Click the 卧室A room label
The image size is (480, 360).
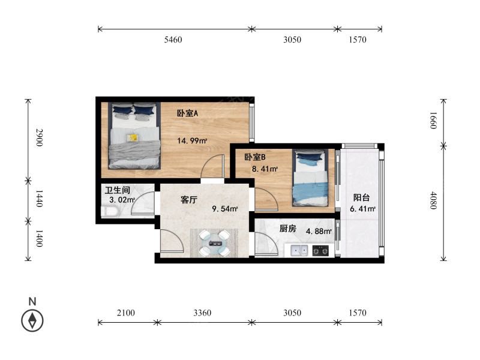click(188, 113)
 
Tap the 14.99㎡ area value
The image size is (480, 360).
click(192, 141)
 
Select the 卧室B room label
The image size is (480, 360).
click(254, 157)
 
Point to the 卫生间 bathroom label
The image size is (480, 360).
click(118, 190)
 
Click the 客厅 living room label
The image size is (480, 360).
click(189, 200)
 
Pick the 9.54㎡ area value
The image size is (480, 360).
click(225, 209)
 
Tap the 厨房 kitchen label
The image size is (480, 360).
click(288, 229)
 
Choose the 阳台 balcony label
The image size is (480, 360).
click(362, 197)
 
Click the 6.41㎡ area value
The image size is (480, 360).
click(363, 209)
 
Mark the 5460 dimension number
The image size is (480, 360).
click(173, 40)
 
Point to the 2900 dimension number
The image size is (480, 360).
click(39, 137)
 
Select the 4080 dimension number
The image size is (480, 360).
click(433, 200)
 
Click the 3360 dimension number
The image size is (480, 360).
click(202, 313)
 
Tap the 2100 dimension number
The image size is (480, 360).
click(126, 313)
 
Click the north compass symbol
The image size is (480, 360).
click(32, 320)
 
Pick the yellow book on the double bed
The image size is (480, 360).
click(133, 138)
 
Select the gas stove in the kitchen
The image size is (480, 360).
click(320, 250)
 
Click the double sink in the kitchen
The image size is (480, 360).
click(299, 250)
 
